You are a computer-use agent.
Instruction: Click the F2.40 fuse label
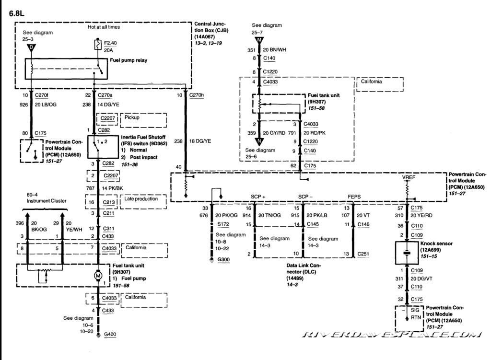point(110,42)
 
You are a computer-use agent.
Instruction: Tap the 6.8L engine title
point(17,13)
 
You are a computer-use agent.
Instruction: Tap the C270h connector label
point(197,95)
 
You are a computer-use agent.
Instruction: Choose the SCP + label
point(258,196)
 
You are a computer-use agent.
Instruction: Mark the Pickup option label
point(132,117)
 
